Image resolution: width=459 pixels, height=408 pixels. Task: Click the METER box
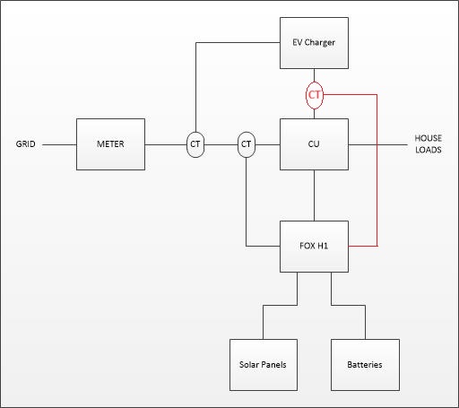[110, 144]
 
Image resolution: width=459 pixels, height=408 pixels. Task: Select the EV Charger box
[314, 43]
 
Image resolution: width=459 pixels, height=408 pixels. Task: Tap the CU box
[314, 144]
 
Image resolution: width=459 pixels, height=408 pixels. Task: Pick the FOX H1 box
[314, 247]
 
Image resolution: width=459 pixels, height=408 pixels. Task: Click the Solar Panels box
[264, 365]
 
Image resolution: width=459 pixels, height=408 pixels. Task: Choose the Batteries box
[365, 365]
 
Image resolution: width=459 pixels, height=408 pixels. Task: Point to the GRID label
[25, 144]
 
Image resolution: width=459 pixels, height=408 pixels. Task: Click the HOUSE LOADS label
[429, 143]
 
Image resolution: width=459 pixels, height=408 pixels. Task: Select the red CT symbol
[315, 95]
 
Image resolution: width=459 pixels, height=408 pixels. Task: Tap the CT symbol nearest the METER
[195, 144]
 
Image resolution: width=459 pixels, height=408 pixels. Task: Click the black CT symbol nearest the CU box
[247, 144]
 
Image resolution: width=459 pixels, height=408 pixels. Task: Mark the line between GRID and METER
[59, 145]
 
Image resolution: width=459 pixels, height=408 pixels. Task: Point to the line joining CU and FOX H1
[314, 195]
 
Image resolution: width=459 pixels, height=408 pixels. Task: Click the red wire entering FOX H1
[377, 170]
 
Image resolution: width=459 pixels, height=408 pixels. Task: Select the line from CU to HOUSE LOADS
[377, 145]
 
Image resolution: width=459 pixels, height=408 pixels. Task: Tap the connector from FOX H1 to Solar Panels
[280, 305]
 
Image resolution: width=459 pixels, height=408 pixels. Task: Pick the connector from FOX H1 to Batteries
[348, 305]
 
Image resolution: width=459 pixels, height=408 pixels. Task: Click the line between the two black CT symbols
[221, 145]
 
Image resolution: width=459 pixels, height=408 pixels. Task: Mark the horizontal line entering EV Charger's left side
[238, 43]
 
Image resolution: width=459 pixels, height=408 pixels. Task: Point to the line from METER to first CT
[166, 145]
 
